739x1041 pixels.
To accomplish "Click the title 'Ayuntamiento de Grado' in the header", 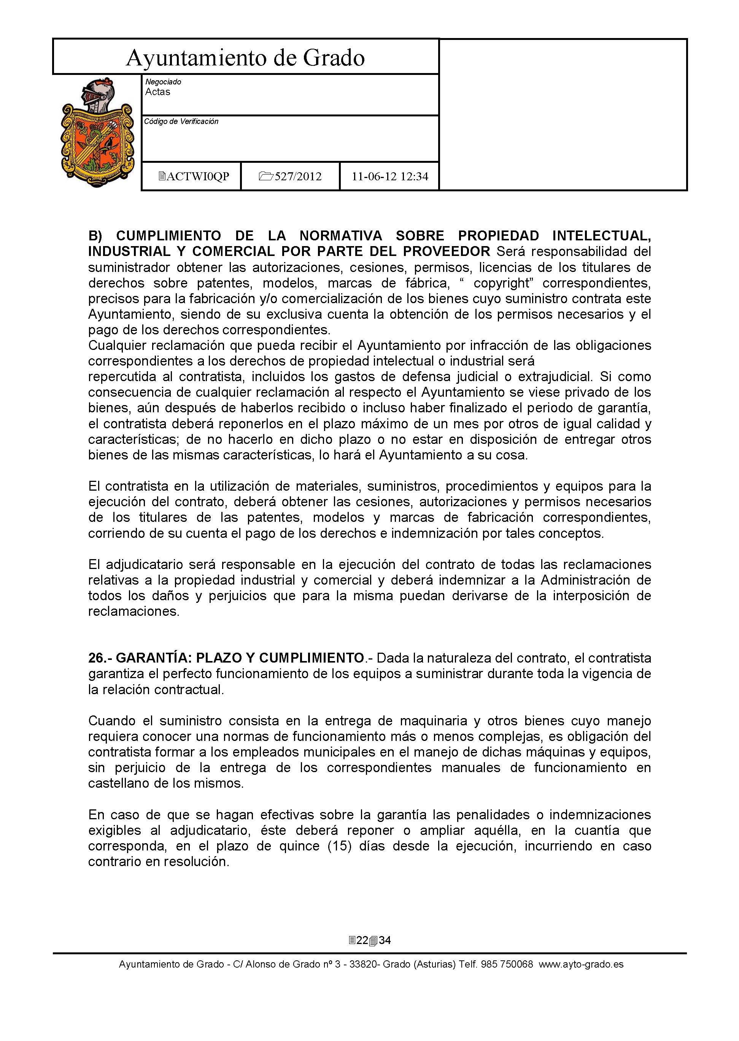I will tap(245, 58).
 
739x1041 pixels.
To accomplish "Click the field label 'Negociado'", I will tap(163, 82).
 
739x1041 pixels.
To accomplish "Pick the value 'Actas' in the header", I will tap(157, 92).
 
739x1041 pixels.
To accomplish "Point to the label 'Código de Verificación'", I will tap(181, 121).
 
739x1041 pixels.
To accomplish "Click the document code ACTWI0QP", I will tap(194, 176).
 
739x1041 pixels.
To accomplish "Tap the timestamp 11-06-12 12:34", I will tap(390, 176).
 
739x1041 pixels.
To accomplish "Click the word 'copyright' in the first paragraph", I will tap(501, 283).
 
